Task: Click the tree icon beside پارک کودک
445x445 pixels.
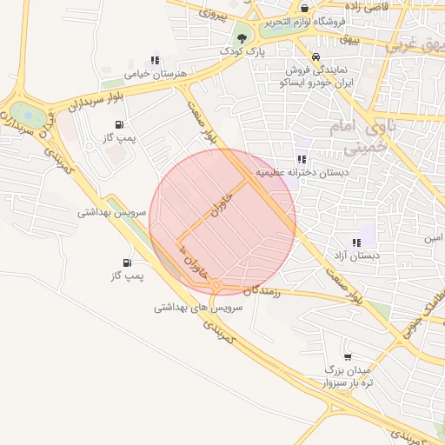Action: tap(242, 38)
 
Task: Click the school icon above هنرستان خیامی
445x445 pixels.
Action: tap(155, 61)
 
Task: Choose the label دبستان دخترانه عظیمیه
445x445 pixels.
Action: tap(310, 173)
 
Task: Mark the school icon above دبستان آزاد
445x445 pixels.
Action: tap(356, 242)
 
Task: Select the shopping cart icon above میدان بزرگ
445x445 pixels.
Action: tap(348, 356)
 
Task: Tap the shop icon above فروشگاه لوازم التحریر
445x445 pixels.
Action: tap(303, 8)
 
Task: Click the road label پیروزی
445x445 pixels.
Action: tap(213, 12)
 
